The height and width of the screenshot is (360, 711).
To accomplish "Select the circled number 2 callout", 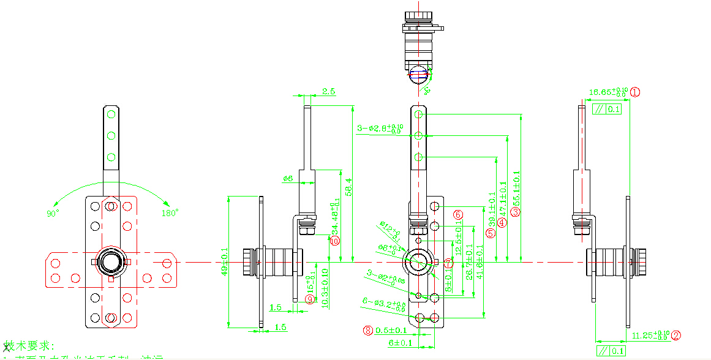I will [676, 335].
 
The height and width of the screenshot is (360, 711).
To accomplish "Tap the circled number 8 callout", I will [368, 330].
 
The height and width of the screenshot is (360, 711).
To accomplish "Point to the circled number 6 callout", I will [457, 214].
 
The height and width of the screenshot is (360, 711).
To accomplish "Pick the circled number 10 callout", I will [334, 241].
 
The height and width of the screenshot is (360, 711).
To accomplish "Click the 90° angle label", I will [53, 213].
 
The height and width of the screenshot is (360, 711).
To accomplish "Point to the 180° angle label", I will [170, 213].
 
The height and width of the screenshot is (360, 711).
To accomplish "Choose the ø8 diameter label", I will [288, 179].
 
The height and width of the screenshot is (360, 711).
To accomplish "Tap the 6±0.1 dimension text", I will [400, 343].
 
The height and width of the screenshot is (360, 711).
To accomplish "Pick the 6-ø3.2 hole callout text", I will [384, 303].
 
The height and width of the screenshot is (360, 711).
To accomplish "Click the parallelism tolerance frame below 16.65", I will [607, 109].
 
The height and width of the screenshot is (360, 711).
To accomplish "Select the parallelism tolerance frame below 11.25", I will [613, 351].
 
